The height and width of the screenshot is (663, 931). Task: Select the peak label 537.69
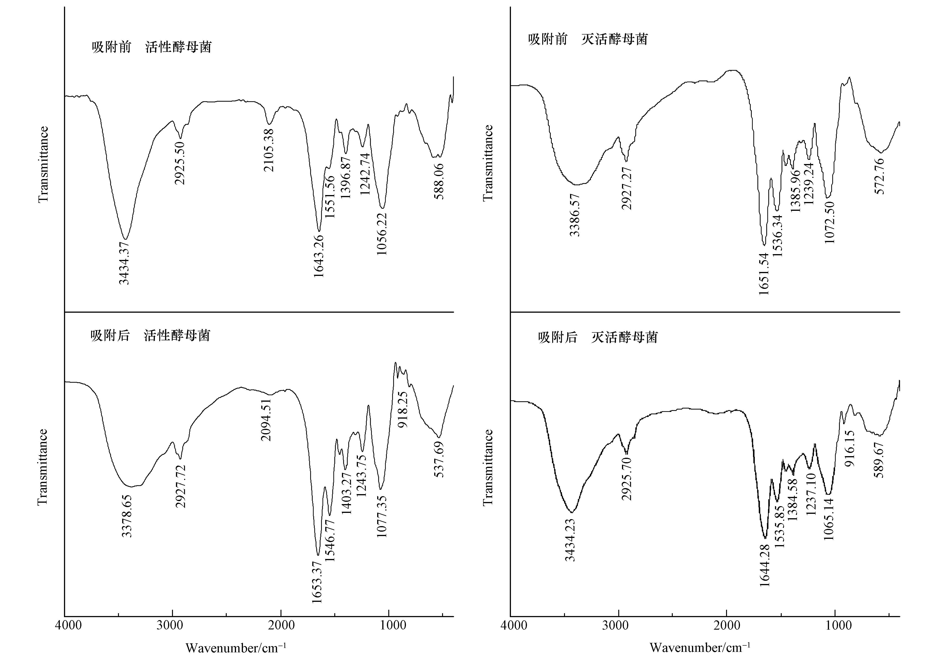(x=439, y=459)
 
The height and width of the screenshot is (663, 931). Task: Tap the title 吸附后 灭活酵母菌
(x=598, y=337)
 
